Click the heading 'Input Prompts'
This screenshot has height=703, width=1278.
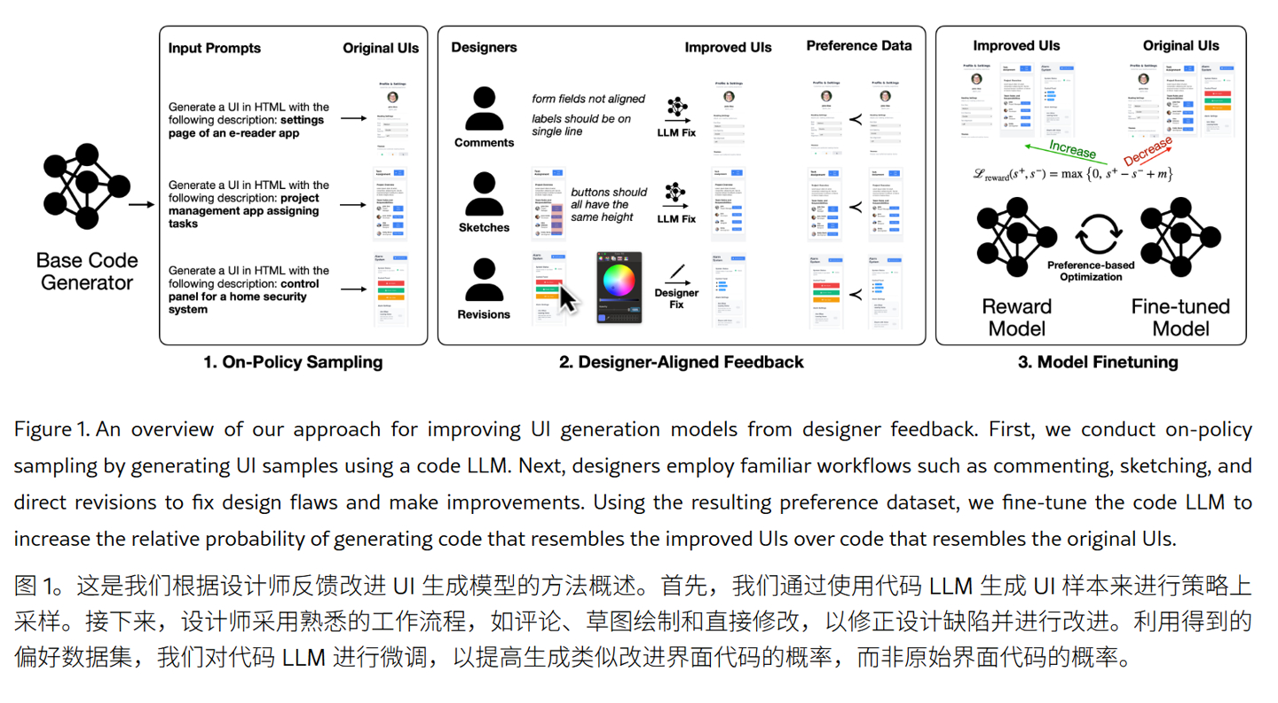(x=214, y=48)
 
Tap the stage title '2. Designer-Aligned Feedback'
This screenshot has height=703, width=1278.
(x=682, y=362)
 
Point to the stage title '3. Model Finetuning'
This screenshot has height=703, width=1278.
(x=1098, y=362)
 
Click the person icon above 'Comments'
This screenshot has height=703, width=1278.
(x=484, y=109)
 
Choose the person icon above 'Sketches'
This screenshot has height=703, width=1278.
(x=484, y=194)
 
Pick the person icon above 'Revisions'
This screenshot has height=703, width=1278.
(x=484, y=280)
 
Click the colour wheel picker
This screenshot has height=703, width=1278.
(x=619, y=280)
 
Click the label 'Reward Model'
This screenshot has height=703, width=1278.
(x=1016, y=317)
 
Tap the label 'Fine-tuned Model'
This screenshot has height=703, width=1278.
(x=1180, y=317)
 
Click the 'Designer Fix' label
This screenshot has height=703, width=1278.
(x=676, y=298)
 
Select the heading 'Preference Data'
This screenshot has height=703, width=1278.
(x=858, y=45)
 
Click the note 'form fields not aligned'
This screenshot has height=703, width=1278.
(x=588, y=99)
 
